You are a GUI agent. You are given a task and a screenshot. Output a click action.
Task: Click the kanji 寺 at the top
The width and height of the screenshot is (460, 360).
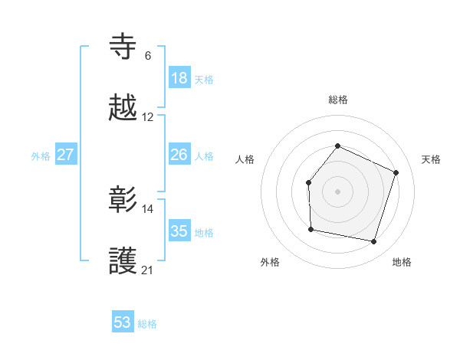[x=123, y=46]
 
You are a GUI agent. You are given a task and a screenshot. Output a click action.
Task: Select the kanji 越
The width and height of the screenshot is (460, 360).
[x=123, y=107]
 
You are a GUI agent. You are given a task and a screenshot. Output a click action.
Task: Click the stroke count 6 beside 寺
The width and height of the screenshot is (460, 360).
[x=148, y=56]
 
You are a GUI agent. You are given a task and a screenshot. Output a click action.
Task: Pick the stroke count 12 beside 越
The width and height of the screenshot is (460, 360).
[x=148, y=117]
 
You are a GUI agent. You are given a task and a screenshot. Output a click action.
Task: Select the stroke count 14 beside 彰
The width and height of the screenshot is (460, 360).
[x=148, y=208]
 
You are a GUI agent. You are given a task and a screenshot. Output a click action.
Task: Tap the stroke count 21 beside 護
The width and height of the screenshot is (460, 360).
[x=148, y=270]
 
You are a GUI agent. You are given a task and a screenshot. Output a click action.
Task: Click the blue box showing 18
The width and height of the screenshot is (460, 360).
[x=179, y=78]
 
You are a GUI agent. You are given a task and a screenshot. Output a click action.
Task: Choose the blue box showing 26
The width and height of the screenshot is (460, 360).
[x=179, y=155]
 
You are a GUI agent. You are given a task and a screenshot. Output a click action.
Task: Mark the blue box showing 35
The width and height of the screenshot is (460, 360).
[x=179, y=231]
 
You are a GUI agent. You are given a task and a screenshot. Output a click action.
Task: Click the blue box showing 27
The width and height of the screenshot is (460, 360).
[x=66, y=155]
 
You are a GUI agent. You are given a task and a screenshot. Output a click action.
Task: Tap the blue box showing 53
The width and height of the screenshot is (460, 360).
[x=123, y=322]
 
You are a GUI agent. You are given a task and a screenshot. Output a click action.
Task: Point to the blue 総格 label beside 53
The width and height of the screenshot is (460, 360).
[x=148, y=324]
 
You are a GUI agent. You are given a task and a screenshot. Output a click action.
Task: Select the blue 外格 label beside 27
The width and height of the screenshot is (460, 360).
[x=41, y=156]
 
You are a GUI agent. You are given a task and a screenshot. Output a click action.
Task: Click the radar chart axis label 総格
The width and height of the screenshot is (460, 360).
[x=337, y=100]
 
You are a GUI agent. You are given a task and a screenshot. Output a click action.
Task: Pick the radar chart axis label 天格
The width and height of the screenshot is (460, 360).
[x=431, y=159]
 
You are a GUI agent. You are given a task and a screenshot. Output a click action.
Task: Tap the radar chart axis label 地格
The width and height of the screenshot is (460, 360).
[x=402, y=263]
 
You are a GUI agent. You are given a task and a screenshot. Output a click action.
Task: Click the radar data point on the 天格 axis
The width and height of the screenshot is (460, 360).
[x=396, y=172]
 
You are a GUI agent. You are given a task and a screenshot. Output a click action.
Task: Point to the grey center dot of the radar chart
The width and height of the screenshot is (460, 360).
[x=337, y=191]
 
